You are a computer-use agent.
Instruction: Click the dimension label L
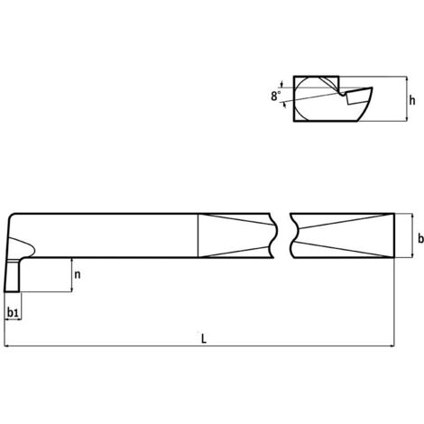pyautogui.click(x=204, y=339)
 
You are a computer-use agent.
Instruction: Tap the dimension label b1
pyautogui.click(x=13, y=313)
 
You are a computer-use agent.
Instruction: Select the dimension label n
pyautogui.click(x=78, y=274)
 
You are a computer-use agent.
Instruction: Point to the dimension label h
pyautogui.click(x=412, y=100)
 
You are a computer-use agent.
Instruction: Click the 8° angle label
pyautogui.click(x=275, y=96)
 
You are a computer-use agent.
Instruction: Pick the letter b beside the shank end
pyautogui.click(x=420, y=238)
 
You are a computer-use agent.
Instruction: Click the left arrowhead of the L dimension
pyautogui.click(x=7, y=346)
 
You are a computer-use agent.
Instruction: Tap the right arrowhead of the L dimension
pyautogui.click(x=391, y=346)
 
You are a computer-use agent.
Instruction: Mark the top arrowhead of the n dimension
pyautogui.click(x=72, y=261)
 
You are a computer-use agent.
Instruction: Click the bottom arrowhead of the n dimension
pyautogui.click(x=72, y=289)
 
